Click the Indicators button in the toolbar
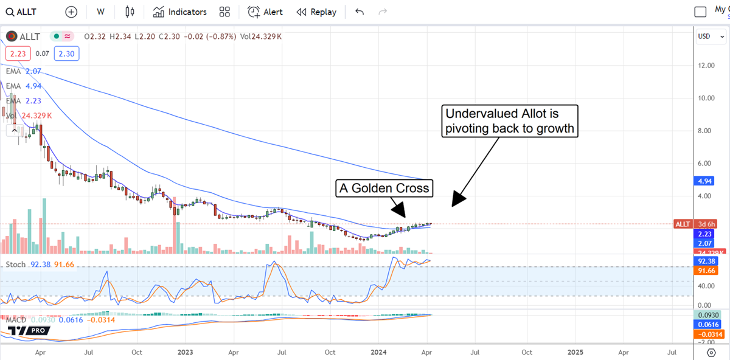click(x=180, y=12)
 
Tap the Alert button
click(x=265, y=12)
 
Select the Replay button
click(x=316, y=12)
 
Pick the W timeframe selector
click(x=100, y=12)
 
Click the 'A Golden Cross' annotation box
click(x=384, y=189)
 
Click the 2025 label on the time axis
click(x=575, y=351)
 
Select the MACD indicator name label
click(x=16, y=319)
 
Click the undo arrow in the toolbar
click(x=360, y=12)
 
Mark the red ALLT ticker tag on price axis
click(x=683, y=224)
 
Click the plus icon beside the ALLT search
click(x=71, y=12)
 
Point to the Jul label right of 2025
click(x=673, y=351)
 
